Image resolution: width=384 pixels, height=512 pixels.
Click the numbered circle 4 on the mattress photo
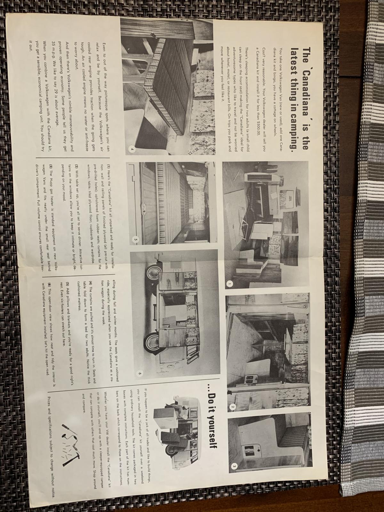pos(132,150)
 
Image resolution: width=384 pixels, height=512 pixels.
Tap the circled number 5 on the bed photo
pos(136,239)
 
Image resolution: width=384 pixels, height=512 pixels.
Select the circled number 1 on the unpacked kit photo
pos(229,284)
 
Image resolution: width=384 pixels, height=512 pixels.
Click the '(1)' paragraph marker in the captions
pos(108,167)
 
